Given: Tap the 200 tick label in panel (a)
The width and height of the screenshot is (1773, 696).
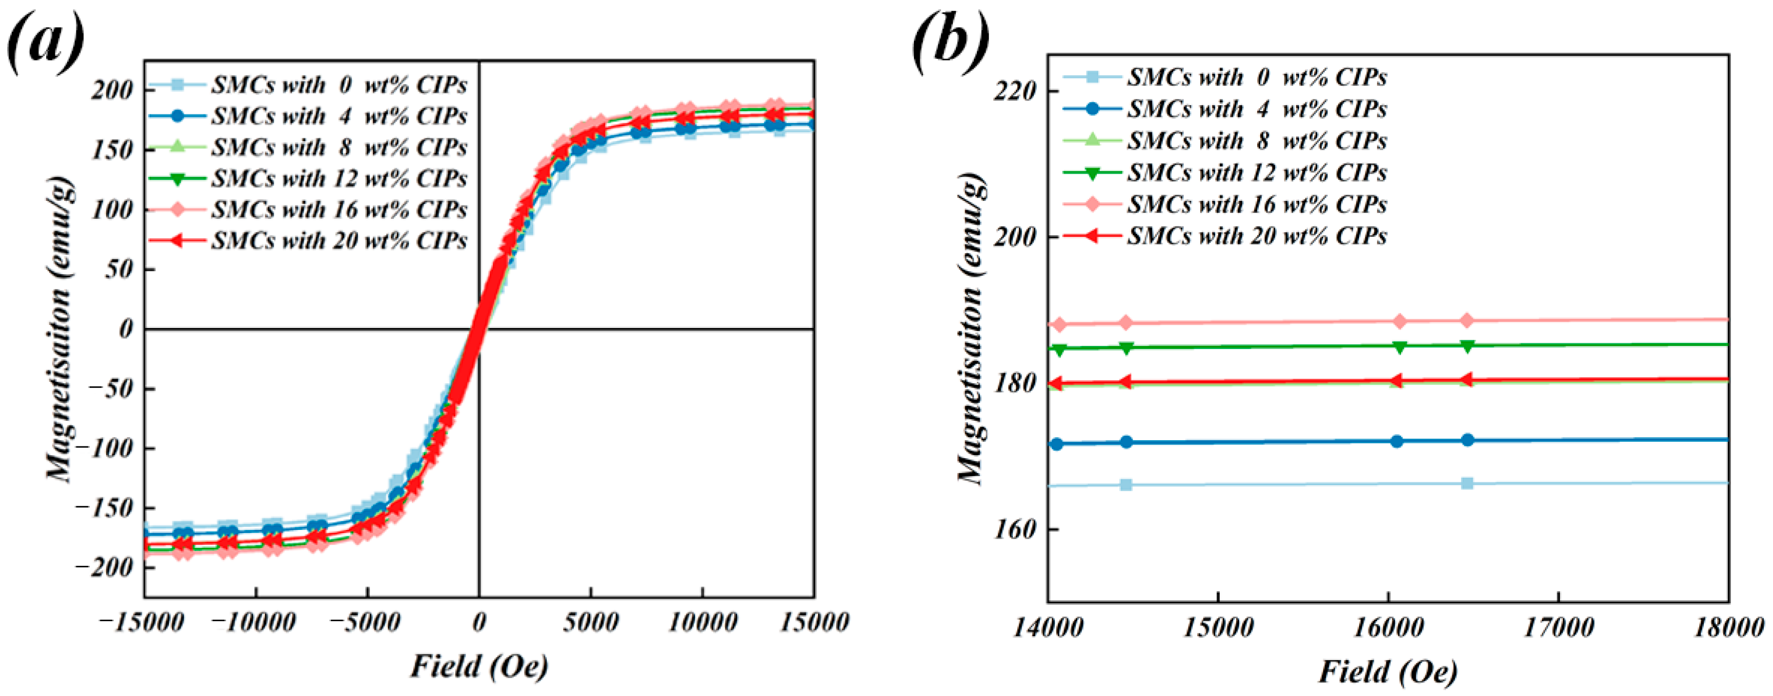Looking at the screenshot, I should pyautogui.click(x=112, y=90).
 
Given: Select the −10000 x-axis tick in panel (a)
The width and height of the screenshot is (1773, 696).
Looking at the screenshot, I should pyautogui.click(x=254, y=623).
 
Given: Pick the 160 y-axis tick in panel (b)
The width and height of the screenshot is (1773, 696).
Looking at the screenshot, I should pyautogui.click(x=1014, y=529).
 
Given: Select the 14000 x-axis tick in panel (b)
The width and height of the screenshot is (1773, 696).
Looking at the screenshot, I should pyautogui.click(x=1048, y=628).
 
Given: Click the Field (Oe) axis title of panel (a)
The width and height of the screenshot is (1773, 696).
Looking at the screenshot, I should pyautogui.click(x=479, y=666).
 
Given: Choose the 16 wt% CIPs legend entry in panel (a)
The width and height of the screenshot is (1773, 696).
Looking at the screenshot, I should pyautogui.click(x=339, y=209).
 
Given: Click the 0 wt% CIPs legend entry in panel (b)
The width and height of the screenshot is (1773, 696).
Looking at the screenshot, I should pyautogui.click(x=1256, y=77).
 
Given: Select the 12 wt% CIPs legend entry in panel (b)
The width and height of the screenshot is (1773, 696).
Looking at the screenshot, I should pyautogui.click(x=1256, y=173).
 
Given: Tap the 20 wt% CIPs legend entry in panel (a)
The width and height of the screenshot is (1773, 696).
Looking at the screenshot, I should pyautogui.click(x=339, y=241).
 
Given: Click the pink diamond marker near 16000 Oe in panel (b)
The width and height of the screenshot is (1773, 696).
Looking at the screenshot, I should pyautogui.click(x=1399, y=321).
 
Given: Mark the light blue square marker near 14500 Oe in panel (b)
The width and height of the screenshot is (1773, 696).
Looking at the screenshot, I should pyautogui.click(x=1126, y=485).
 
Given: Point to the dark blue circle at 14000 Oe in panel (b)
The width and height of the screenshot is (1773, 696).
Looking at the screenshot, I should pyautogui.click(x=1056, y=444).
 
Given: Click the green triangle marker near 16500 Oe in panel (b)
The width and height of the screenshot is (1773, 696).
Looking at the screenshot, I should pyautogui.click(x=1467, y=345).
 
